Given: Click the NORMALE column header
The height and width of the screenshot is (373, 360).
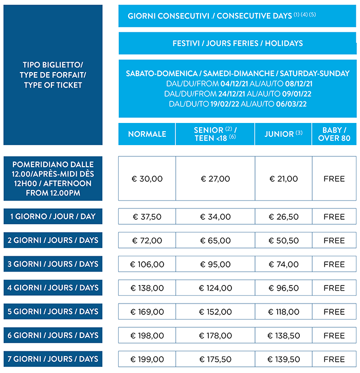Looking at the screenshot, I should pos(147,134).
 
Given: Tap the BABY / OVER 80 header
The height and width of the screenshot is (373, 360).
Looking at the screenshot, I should pos(334,134).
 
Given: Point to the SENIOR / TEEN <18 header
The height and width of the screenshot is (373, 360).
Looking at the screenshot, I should pos(215,134).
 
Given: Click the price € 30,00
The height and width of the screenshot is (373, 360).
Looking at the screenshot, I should pos(147,179).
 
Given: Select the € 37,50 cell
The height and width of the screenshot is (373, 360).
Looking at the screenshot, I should pos(147,217).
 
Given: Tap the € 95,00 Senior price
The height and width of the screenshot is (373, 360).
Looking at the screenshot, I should pos(215,264).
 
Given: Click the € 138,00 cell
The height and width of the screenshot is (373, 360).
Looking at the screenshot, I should pos(147,288).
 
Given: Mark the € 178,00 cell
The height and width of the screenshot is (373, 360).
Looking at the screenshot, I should pos(215,335).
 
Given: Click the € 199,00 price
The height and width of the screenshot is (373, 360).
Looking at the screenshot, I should pos(147,359).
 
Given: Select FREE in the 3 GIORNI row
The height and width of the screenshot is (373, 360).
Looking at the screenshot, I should pos(334,264).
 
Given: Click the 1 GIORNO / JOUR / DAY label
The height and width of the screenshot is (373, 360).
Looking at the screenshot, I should pos(53,217).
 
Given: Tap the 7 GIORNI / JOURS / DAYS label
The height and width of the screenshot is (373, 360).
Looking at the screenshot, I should pos(53,359).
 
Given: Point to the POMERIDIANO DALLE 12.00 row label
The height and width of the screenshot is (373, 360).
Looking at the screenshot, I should pos(53,179).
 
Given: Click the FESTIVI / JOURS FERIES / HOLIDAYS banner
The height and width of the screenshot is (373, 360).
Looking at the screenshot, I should pos(238,43).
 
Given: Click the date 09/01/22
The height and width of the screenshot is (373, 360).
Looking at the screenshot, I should pos(295,94).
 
